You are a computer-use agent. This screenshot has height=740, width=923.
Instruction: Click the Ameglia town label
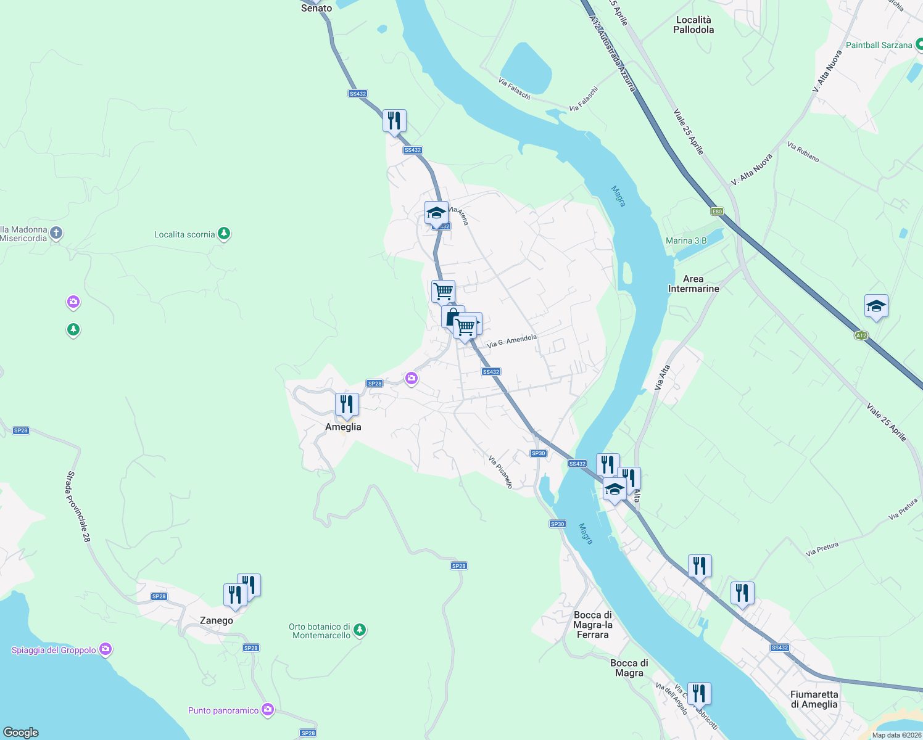pyautogui.click(x=343, y=427)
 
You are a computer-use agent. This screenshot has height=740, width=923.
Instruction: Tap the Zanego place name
pyautogui.click(x=217, y=620)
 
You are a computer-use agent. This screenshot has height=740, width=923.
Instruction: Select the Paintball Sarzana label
pyautogui.click(x=879, y=45)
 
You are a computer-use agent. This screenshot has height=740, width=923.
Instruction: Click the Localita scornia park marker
pyautogui.click(x=224, y=234)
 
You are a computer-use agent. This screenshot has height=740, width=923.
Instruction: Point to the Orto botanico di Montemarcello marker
pyautogui.click(x=360, y=630)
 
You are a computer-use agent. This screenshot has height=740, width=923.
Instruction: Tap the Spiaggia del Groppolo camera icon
pyautogui.click(x=106, y=649)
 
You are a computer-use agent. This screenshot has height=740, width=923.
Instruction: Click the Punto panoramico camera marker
pyautogui.click(x=267, y=710)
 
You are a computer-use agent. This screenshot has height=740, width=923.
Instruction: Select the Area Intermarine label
pyautogui.click(x=693, y=284)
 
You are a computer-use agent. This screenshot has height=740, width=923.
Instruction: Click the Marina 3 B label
pyautogui.click(x=686, y=240)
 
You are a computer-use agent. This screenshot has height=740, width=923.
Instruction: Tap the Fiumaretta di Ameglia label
pyautogui.click(x=814, y=699)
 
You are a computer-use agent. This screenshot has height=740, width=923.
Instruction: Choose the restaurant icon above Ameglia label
pyautogui.click(x=347, y=405)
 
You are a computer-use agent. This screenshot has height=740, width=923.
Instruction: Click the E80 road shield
pyautogui.click(x=716, y=212)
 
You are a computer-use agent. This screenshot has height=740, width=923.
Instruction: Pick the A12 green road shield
pyautogui.click(x=861, y=335)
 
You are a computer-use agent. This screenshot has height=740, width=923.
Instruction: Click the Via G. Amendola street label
pyautogui.click(x=511, y=341)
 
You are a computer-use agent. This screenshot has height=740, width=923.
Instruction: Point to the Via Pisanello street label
pyautogui.click(x=500, y=472)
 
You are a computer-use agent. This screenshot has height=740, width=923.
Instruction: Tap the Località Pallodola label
pyautogui.click(x=693, y=25)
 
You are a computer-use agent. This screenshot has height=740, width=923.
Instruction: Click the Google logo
pyautogui.click(x=21, y=733)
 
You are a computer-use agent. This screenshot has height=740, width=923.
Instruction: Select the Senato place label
pyautogui.click(x=317, y=8)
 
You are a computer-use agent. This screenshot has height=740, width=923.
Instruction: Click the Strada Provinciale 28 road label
pyautogui.click(x=78, y=508)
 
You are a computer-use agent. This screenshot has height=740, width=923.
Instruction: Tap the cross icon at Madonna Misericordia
pyautogui.click(x=56, y=233)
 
